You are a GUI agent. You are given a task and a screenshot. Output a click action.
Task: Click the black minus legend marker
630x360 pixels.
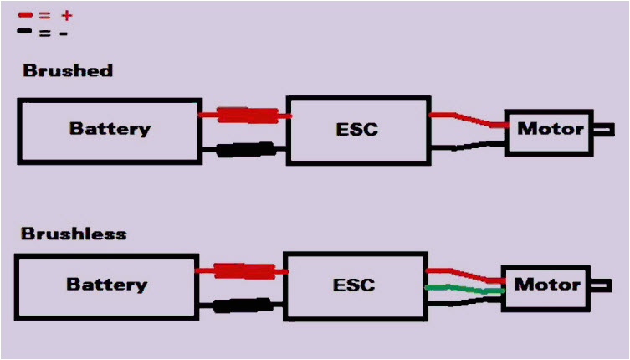pos(25,33)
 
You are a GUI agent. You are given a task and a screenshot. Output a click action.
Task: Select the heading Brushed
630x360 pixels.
pos(67,70)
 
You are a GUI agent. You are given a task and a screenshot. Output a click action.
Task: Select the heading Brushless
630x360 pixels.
pos(74,233)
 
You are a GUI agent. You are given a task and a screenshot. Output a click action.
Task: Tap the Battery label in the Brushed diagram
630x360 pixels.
pos(110,129)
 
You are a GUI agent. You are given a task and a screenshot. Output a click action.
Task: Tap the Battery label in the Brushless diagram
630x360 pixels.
pos(106,284)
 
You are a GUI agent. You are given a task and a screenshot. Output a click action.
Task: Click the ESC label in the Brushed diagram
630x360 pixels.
pos(356,129)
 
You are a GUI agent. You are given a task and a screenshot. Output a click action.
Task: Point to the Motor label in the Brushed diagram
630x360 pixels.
pos(550,129)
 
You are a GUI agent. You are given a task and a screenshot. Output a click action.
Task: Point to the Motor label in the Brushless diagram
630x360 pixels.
pos(546,285)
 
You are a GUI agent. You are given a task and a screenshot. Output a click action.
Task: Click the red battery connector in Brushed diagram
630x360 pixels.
pos(247,116)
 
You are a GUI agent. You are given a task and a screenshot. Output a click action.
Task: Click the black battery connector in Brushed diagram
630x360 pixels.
pos(245,151)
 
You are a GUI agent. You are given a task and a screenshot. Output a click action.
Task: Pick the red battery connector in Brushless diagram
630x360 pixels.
pos(244,271)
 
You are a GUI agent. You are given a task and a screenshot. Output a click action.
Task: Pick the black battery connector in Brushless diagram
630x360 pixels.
pos(242,305)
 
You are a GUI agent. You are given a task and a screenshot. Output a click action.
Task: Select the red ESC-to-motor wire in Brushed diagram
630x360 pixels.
pos(469,120)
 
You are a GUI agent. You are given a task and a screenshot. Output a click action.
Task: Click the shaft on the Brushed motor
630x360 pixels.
pos(603,129)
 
